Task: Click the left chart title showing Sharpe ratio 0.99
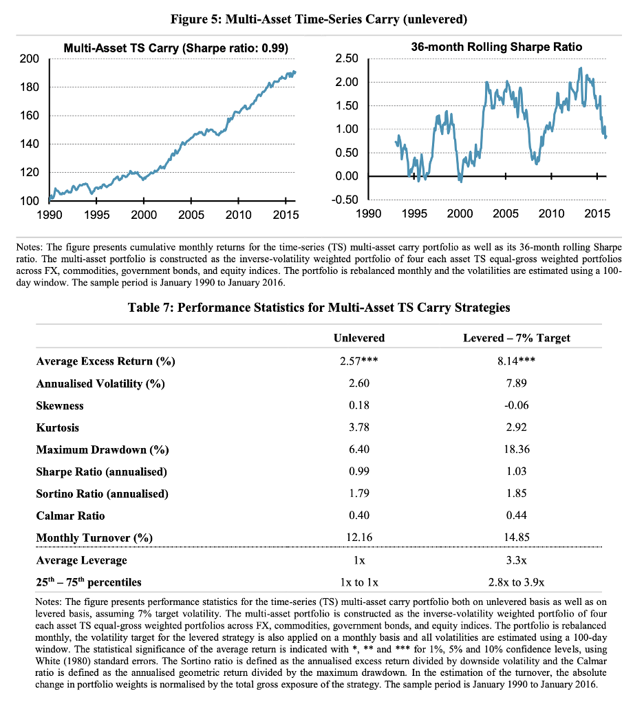[x=175, y=48]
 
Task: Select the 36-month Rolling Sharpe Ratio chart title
[x=496, y=47]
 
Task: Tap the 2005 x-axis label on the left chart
[x=191, y=215]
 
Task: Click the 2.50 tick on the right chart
[x=347, y=59]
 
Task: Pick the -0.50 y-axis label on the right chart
[x=345, y=200]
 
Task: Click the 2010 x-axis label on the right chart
[x=551, y=214]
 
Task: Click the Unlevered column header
[x=358, y=337]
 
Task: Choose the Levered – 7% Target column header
[x=517, y=337]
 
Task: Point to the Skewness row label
[x=60, y=406]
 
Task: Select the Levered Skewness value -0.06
[x=517, y=406]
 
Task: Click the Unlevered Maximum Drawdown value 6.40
[x=358, y=450]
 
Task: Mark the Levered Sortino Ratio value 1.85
[x=517, y=494]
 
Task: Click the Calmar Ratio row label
[x=70, y=516]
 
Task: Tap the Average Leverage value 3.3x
[x=517, y=561]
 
